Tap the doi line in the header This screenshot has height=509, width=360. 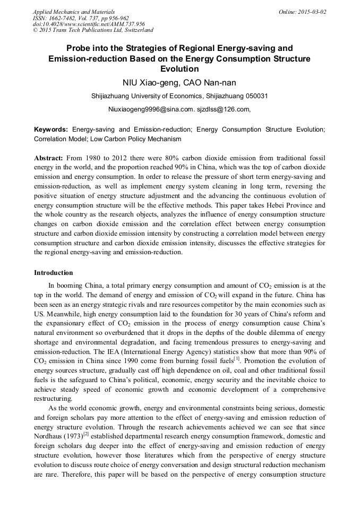point(89,24)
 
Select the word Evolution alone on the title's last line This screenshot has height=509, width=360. point(179,68)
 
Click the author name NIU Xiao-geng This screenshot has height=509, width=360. point(147,82)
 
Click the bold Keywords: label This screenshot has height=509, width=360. point(51,129)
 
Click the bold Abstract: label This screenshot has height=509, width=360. point(49,159)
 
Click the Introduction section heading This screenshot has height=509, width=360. point(54,273)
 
